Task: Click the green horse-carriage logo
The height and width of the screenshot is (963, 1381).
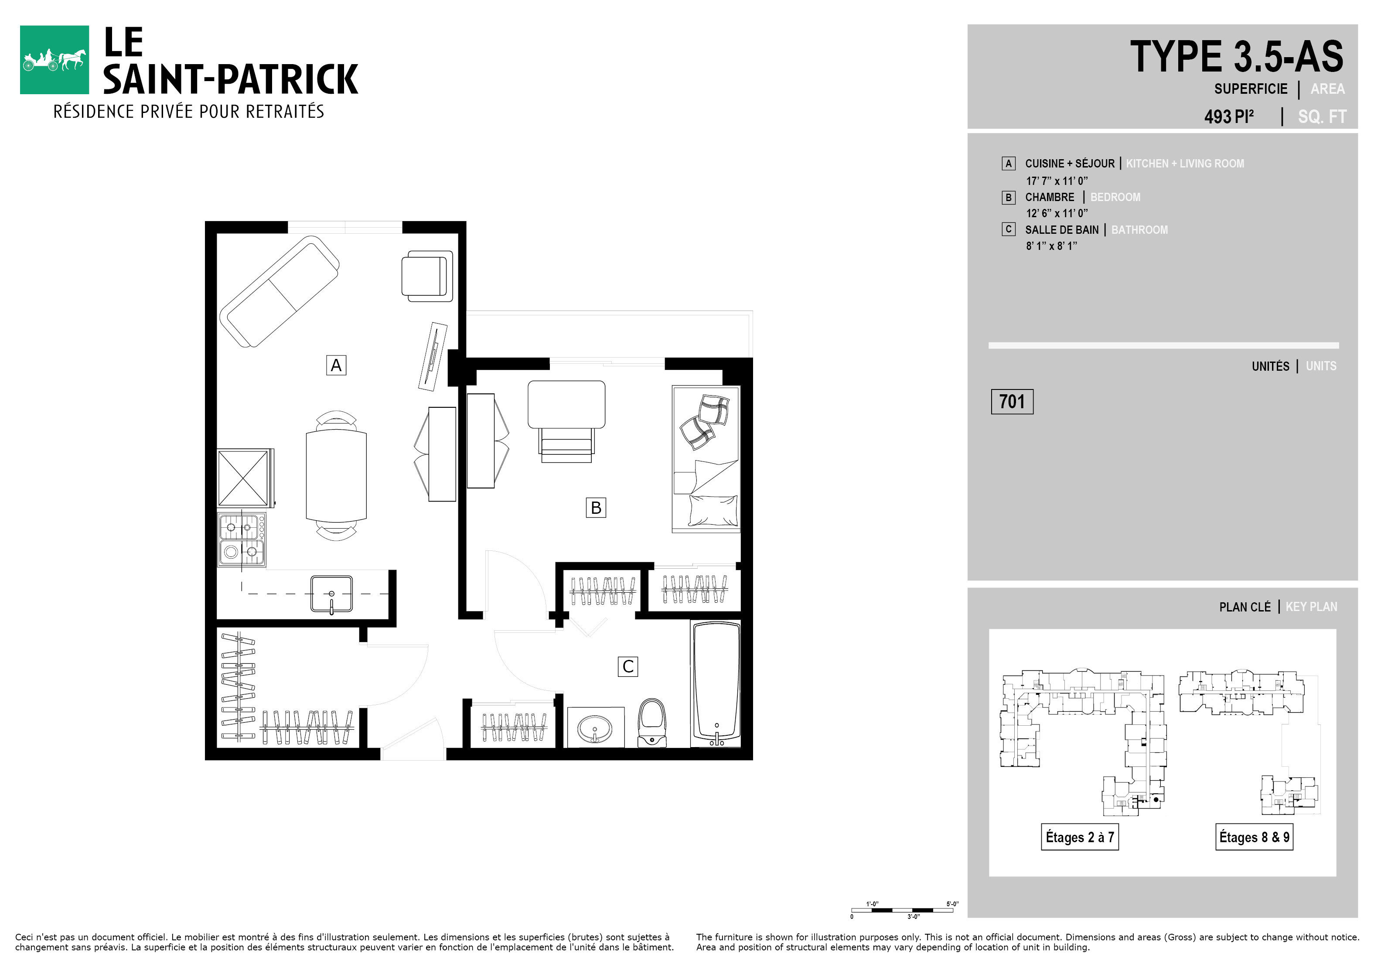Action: pos(54,60)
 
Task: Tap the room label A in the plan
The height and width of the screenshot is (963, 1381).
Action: pos(336,365)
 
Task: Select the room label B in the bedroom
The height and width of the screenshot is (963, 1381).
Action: pos(596,508)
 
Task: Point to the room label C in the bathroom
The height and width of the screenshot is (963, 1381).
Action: pos(628,666)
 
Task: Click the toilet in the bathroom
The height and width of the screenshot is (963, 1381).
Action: pos(652,722)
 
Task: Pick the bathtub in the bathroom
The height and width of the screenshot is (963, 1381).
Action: pos(716,684)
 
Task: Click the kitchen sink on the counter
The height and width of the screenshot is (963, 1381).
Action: pos(331,594)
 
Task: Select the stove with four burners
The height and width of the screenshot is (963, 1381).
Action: pos(241,539)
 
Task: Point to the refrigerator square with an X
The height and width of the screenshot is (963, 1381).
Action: pos(244,478)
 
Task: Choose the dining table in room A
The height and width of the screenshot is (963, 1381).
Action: pos(336,476)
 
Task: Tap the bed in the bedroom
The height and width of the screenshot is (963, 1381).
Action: pos(706,459)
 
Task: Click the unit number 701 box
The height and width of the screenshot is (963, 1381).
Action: pos(1012,402)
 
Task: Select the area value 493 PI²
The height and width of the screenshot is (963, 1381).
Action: pos(1229,116)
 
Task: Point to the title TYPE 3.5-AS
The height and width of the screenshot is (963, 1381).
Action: pos(1237,57)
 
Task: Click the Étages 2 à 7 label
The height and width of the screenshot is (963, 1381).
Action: pos(1080,837)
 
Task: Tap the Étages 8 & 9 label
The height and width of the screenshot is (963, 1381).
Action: pos(1254,837)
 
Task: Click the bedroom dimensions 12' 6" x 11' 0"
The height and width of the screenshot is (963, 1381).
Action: pos(1057,213)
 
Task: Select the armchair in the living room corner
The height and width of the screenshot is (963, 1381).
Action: pos(427,276)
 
